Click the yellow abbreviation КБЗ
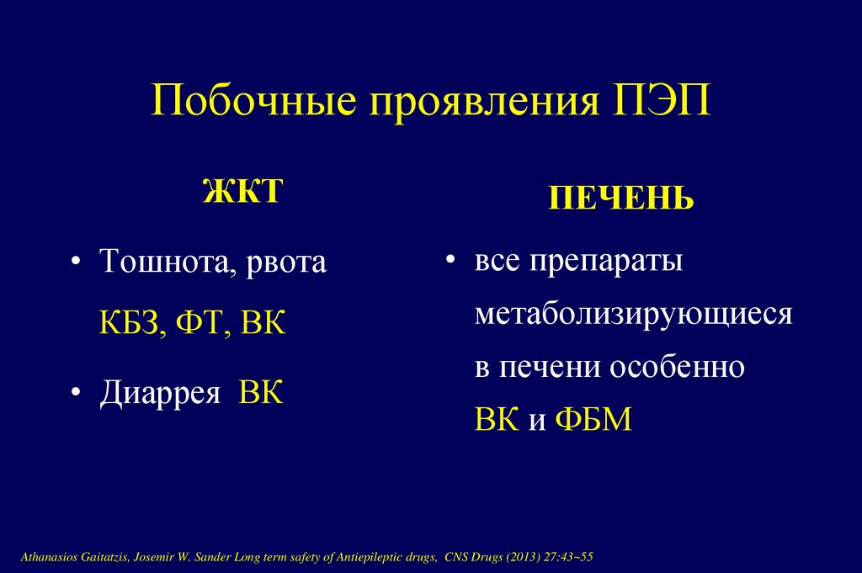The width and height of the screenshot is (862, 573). pos(133,323)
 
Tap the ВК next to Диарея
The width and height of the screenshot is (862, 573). pos(262,393)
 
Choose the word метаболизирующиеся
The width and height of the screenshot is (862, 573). pos(633,315)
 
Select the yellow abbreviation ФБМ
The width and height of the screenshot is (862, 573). pos(593,420)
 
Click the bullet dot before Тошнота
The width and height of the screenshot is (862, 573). pos(76,263)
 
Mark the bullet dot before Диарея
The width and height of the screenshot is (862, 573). pos(76,394)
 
